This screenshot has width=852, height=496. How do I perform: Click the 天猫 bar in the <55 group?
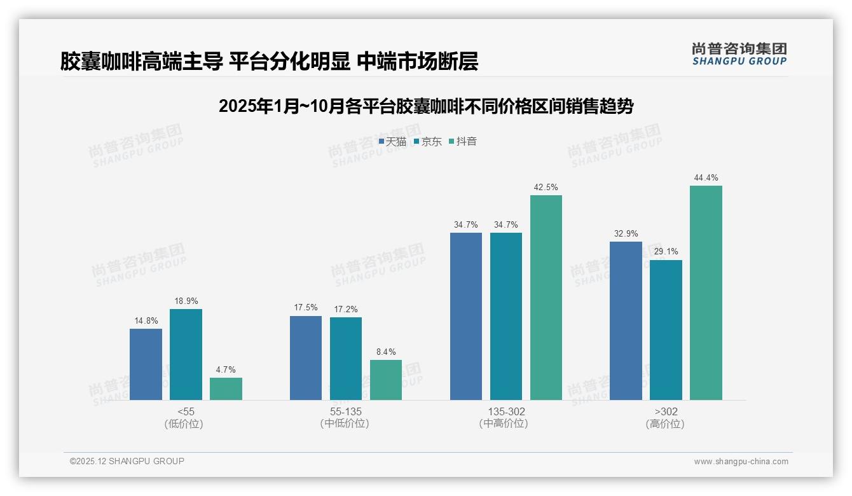pyautogui.click(x=146, y=364)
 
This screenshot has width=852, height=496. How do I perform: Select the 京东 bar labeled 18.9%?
pyautogui.click(x=186, y=354)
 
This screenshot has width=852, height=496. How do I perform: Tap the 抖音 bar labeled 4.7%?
pyautogui.click(x=226, y=389)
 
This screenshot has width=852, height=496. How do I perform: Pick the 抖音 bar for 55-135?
pyautogui.click(x=386, y=380)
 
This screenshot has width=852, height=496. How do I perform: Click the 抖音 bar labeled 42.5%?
pyautogui.click(x=546, y=297)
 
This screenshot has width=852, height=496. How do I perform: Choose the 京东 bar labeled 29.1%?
pyautogui.click(x=666, y=329)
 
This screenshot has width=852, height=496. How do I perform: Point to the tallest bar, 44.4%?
pyautogui.click(x=706, y=293)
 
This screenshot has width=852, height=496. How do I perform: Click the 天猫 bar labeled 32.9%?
pyautogui.click(x=626, y=320)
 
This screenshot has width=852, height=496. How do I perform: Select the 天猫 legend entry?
pyautogui.click(x=392, y=142)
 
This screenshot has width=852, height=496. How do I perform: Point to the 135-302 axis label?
pyautogui.click(x=504, y=411)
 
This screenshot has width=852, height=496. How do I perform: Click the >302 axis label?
pyautogui.click(x=665, y=411)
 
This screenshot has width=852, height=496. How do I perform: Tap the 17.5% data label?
pyautogui.click(x=306, y=308)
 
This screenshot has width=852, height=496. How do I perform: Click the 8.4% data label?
pyautogui.click(x=386, y=352)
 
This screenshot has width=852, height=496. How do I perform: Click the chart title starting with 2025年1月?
pyautogui.click(x=425, y=106)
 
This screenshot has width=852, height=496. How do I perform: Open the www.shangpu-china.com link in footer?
pyautogui.click(x=741, y=461)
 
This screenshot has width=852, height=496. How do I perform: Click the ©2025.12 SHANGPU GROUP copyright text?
pyautogui.click(x=127, y=461)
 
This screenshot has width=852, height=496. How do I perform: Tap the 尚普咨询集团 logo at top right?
pyautogui.click(x=739, y=53)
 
